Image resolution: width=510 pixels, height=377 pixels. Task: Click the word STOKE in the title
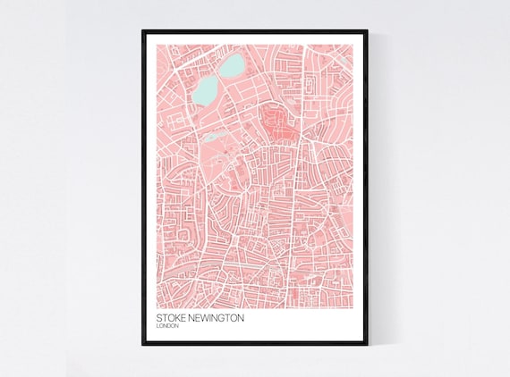[171, 317]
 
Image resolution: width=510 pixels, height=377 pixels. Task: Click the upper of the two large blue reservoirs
[233, 64]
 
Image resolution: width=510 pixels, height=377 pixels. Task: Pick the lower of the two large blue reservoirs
[206, 88]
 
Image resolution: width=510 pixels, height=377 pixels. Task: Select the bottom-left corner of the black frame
[142, 343]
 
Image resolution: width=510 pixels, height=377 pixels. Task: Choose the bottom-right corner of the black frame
[367, 343]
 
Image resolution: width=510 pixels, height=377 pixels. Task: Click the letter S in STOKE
[158, 317]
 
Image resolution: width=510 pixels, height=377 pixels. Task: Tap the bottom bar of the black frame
[255, 342]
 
